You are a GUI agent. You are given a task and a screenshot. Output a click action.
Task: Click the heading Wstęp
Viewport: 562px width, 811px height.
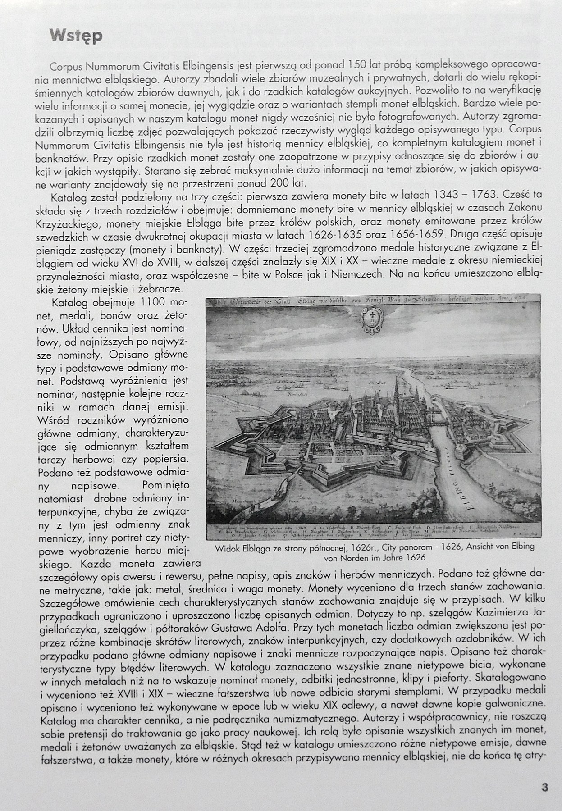76,36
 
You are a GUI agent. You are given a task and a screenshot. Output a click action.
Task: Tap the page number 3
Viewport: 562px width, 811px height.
544,787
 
